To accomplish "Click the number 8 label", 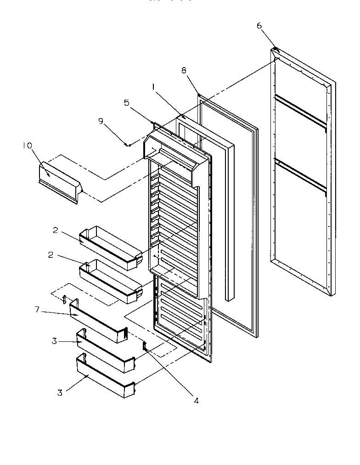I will (x=184, y=70).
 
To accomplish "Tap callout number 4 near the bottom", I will (x=196, y=400).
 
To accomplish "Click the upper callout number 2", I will (x=55, y=230).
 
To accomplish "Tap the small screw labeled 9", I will (x=129, y=145).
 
